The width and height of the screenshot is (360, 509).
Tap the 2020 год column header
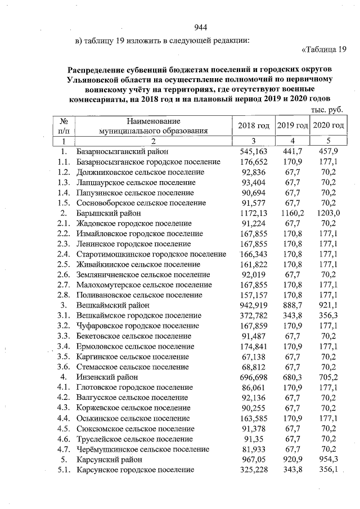tap(328, 125)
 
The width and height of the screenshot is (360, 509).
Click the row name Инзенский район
tap(107, 377)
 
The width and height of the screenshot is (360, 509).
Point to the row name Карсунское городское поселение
tap(135, 469)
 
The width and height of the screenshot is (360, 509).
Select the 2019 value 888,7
tap(291, 305)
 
